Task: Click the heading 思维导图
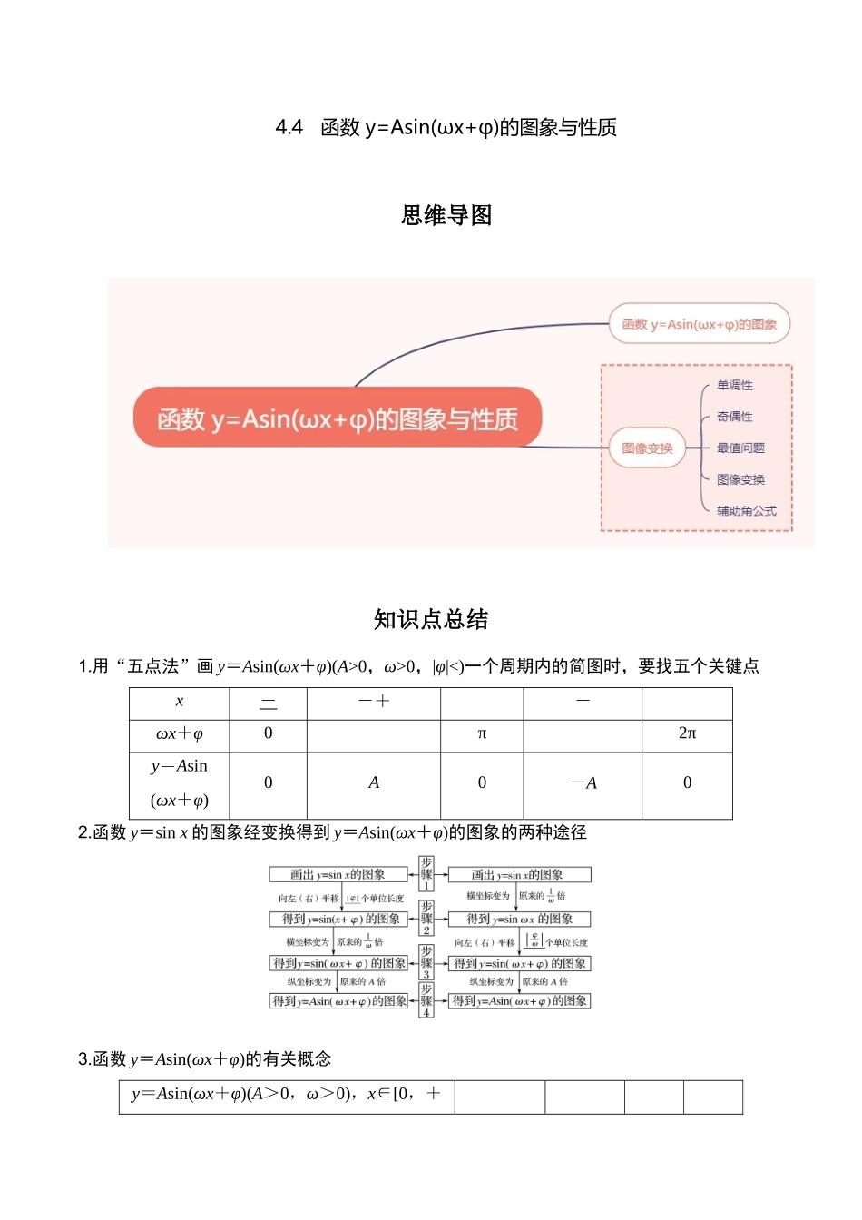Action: pos(446,215)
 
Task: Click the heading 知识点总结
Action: pos(431,619)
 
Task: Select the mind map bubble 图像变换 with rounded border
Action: pos(647,448)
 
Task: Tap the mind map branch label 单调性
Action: pos(735,385)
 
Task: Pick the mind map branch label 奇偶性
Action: pos(735,417)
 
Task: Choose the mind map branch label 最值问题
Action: pos(740,448)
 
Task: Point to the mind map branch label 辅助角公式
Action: pos(746,511)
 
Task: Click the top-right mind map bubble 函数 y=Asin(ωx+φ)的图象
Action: pos(700,324)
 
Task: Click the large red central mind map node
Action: pos(338,418)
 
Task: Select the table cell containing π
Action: pos(482,733)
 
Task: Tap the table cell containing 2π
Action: pos(687,733)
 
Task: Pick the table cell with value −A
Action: pos(583,782)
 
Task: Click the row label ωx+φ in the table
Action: pos(179,733)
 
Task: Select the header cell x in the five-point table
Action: pos(179,702)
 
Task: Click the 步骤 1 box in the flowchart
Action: pos(426,873)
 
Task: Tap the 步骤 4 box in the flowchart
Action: pos(426,999)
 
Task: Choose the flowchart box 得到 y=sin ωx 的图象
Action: pos(520,919)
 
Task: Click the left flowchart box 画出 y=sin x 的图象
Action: pos(338,874)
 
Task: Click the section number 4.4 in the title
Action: pos(289,127)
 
